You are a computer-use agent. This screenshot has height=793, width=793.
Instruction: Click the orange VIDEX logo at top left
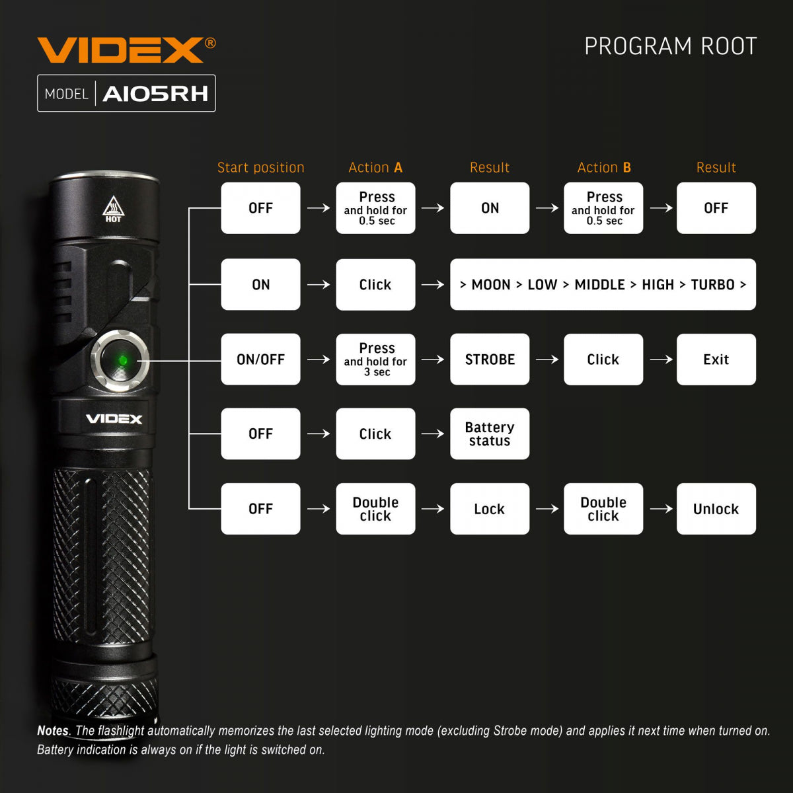(120, 50)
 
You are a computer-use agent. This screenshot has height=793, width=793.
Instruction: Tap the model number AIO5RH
(155, 94)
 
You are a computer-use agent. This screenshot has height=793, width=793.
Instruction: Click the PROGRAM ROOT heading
(670, 46)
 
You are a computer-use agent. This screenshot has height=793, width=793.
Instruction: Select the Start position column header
(260, 168)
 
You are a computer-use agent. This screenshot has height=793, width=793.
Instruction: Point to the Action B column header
(604, 168)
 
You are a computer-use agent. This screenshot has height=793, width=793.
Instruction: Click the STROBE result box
(490, 359)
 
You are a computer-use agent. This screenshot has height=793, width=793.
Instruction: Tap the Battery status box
(490, 434)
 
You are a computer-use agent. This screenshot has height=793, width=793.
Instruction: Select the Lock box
(490, 509)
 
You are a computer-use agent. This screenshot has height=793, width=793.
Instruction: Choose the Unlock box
(716, 509)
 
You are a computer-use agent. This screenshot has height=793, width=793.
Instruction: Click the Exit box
(716, 359)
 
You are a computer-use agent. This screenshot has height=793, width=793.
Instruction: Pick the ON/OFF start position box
(260, 359)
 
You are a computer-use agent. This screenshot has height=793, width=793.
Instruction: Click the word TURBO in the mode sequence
(712, 285)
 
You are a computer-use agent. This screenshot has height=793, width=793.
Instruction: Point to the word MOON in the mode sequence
(490, 285)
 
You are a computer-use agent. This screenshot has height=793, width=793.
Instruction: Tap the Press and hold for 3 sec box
(375, 359)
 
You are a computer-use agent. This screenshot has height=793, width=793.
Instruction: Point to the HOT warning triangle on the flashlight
(113, 209)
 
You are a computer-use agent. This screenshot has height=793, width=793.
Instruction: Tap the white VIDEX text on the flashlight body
(114, 419)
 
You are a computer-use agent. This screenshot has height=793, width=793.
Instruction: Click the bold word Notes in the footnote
(53, 731)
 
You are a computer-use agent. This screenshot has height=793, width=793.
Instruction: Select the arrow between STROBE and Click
(547, 359)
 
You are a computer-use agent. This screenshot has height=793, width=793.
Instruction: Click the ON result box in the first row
(490, 208)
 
